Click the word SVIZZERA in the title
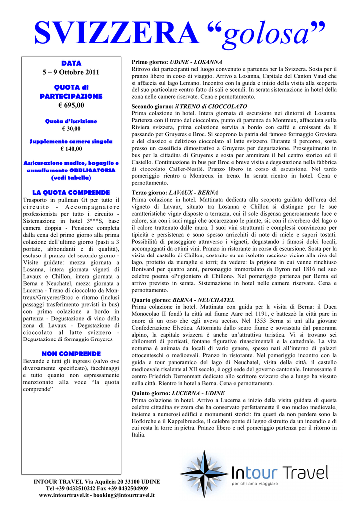[x=115, y=33]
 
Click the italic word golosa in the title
[x=270, y=35]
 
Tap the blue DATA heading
[x=71, y=63]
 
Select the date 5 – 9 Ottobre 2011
[x=71, y=72]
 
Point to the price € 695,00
[x=71, y=105]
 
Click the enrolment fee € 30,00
[x=71, y=129]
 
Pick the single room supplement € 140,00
[x=71, y=149]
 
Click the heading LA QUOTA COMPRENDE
[x=71, y=192]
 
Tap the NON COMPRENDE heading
[x=71, y=353]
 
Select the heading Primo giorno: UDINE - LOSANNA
[x=177, y=62]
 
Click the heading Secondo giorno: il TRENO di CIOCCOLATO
[x=189, y=106]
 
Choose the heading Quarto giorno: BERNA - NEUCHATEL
[x=183, y=300]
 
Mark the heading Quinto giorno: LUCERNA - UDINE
[x=178, y=393]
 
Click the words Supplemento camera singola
[x=71, y=141]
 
